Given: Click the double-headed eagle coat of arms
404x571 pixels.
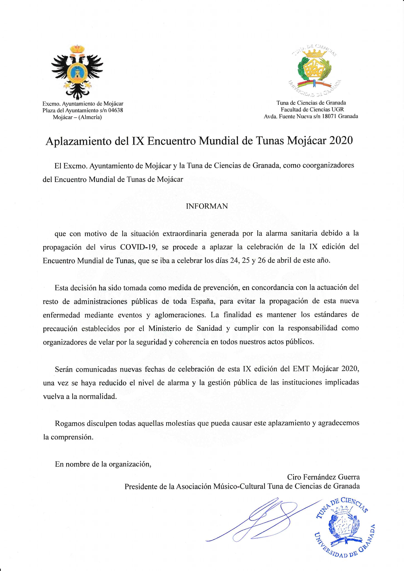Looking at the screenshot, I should (77, 72).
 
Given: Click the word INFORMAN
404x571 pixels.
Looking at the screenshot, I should (207, 206).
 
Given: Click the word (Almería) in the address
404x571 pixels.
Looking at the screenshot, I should (90, 117).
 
